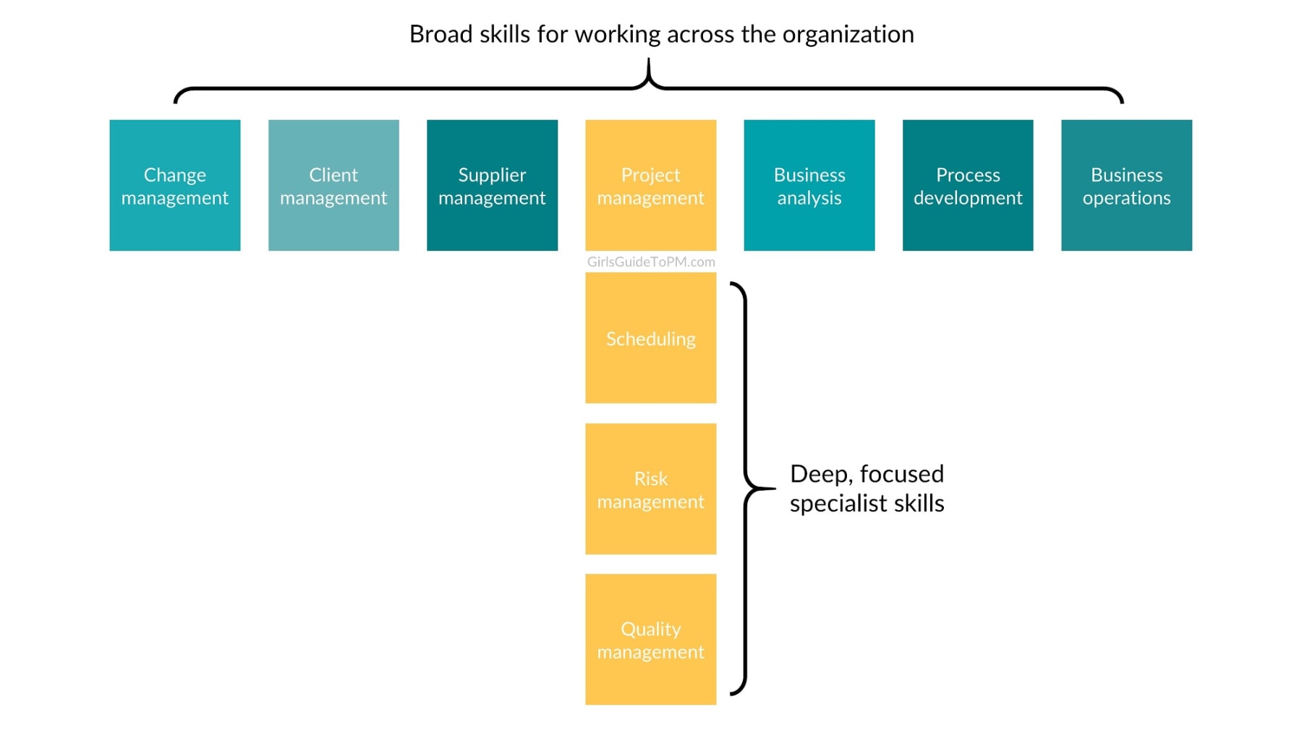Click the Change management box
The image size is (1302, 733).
[175, 185]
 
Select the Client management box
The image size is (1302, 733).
[333, 185]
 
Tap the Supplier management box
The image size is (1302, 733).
[492, 185]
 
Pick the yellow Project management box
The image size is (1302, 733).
[651, 185]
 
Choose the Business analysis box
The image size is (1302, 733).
[809, 185]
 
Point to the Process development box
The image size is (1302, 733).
[968, 185]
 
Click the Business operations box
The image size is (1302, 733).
[1127, 185]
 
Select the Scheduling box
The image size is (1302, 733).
[651, 338]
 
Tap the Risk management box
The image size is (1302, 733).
[651, 489]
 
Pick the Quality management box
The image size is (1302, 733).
[651, 640]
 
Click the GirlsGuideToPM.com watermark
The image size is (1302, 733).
[651, 262]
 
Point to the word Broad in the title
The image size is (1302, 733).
[441, 34]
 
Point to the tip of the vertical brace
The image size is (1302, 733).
[774, 488]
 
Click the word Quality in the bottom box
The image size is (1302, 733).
[651, 630]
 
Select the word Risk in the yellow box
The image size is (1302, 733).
[651, 479]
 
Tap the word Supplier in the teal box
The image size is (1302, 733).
[492, 176]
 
